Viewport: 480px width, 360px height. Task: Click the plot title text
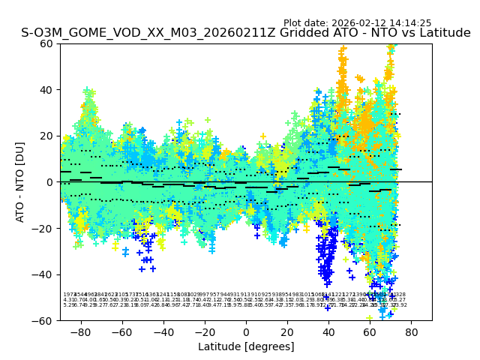(x=246, y=33)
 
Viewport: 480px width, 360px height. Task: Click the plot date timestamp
(x=357, y=23)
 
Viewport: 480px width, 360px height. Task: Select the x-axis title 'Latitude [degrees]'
(x=246, y=346)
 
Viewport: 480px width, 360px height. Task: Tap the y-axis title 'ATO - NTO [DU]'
(x=20, y=181)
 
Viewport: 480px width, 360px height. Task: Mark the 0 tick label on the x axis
(x=246, y=331)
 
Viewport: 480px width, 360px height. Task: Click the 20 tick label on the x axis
(x=287, y=331)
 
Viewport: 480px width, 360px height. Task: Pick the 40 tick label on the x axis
(x=328, y=331)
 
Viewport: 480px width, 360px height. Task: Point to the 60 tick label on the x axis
(x=370, y=331)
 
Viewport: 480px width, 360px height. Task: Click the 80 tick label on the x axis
(x=411, y=331)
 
